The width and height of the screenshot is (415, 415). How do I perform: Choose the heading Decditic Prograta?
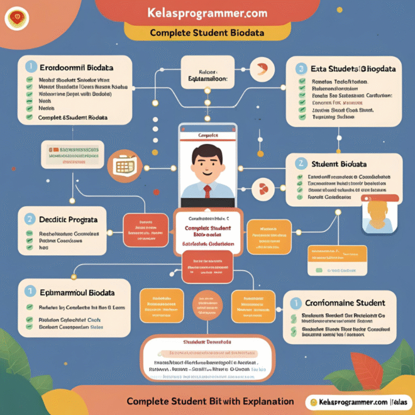(x=69, y=219)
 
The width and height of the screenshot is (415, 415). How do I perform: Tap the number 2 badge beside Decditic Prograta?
(x=30, y=219)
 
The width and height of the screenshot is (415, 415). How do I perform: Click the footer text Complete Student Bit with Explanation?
(x=210, y=401)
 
